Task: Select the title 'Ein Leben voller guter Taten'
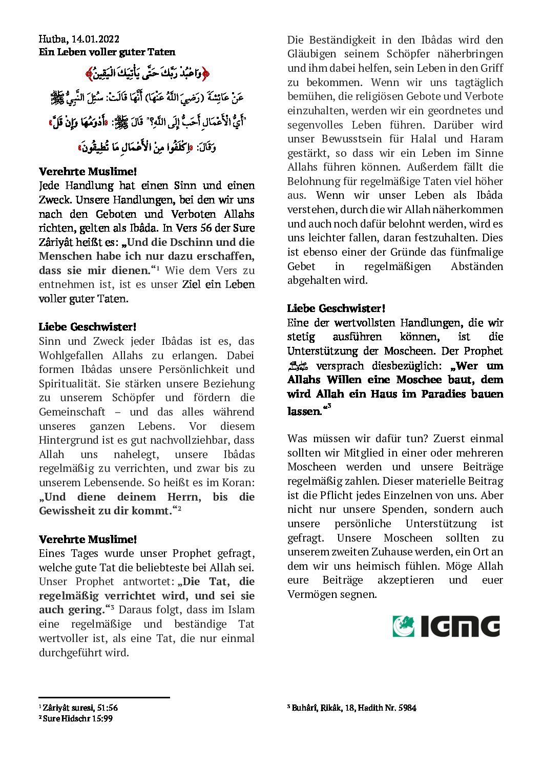click(x=107, y=52)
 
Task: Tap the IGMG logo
click(x=446, y=626)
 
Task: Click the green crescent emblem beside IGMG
click(x=404, y=626)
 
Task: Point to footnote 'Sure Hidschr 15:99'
click(x=77, y=718)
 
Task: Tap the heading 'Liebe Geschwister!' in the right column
click(x=336, y=308)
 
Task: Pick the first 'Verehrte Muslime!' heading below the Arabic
click(x=88, y=172)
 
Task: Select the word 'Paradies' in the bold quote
click(x=442, y=394)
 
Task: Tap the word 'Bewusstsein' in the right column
click(x=353, y=139)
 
